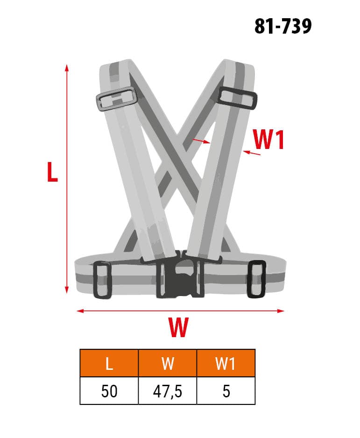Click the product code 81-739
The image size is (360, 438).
[x=282, y=27]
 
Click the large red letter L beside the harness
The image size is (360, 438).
[x=52, y=172]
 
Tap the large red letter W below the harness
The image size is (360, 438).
[x=178, y=327]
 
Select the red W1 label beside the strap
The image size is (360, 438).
[x=268, y=140]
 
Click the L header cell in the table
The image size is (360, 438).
[x=109, y=363]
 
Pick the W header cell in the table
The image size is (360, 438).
[x=168, y=363]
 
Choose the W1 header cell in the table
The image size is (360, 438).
[x=226, y=363]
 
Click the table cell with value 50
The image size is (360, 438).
[x=109, y=390]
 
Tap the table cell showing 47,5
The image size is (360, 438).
[x=168, y=390]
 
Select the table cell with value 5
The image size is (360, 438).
[x=226, y=390]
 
